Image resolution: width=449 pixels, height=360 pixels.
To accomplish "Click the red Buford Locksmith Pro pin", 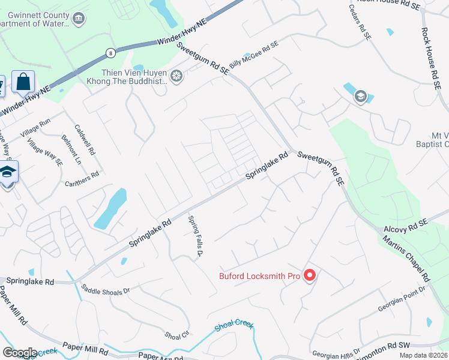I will (x=310, y=275).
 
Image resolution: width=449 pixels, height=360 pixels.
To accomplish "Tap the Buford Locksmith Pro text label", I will (x=259, y=276).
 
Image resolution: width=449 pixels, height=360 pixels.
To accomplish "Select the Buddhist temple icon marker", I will (x=176, y=76).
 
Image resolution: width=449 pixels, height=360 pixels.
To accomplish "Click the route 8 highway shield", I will (x=110, y=53).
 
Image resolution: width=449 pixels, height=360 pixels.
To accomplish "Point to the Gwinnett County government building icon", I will (x=78, y=19).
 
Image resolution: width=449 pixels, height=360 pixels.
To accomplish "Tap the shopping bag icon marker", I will (x=23, y=82).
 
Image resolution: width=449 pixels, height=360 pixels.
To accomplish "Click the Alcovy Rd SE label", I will (x=406, y=226).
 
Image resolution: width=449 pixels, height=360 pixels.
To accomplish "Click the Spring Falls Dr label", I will (x=194, y=236).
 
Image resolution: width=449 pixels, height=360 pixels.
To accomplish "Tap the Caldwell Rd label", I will (x=85, y=139).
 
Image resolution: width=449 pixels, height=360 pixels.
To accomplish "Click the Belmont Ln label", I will (x=70, y=148).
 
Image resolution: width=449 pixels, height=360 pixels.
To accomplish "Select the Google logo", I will (x=20, y=352).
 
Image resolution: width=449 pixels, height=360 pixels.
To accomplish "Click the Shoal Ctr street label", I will (x=176, y=334).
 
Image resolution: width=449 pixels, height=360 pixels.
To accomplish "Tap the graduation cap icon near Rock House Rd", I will (x=360, y=96).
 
